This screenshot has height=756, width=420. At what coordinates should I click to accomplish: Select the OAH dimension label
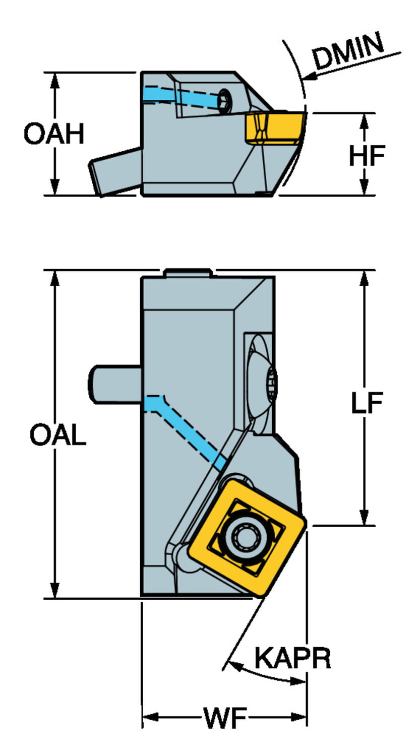54,135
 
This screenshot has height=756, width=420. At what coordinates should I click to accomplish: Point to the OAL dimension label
57,435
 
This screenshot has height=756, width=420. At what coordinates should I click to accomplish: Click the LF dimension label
367,403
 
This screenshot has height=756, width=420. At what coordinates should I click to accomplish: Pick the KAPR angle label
292,658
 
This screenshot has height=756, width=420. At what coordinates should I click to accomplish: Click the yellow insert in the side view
275,128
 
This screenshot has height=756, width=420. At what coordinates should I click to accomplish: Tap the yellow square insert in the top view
247,538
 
